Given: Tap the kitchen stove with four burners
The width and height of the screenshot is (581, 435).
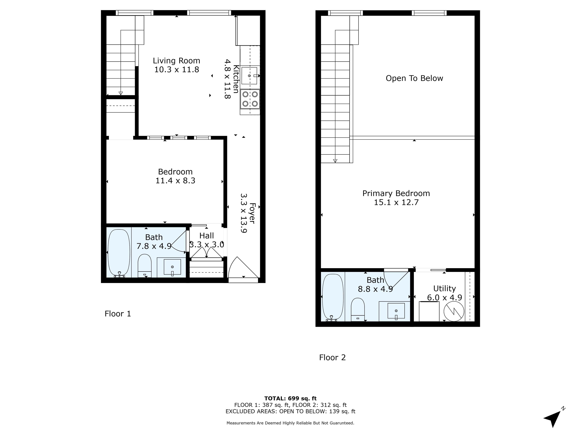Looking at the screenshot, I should point(250,99).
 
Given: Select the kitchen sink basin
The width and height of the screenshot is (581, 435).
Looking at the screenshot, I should point(249,76).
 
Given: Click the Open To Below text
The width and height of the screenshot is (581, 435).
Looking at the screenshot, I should point(414,78).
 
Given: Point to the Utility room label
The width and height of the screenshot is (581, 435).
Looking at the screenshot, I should point(444,288).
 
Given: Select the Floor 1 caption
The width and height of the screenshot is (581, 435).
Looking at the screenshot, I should point(118,314).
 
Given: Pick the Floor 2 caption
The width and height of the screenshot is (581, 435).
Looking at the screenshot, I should point(332,357).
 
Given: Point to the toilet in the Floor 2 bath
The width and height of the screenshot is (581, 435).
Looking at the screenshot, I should point(358,309).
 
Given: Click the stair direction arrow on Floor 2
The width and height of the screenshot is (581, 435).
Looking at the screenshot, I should point(335,161).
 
